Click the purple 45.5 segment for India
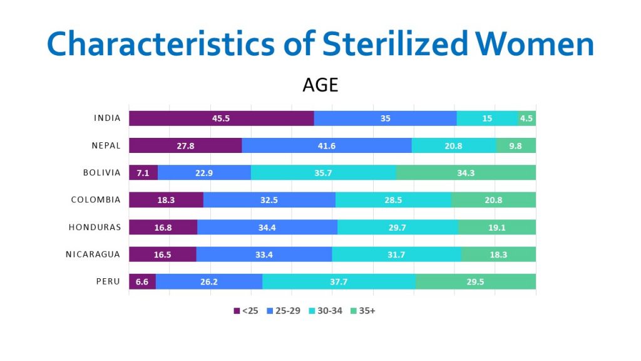click(221, 118)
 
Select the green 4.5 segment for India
click(527, 118)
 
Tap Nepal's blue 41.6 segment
click(326, 145)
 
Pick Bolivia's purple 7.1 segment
click(143, 173)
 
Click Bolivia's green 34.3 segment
click(466, 173)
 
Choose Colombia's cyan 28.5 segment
click(393, 201)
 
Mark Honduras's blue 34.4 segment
click(267, 228)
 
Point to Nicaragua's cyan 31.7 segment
click(396, 254)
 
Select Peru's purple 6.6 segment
click(142, 282)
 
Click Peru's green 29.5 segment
click(475, 282)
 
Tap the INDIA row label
click(107, 118)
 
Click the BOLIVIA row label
click(102, 173)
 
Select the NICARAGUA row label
click(93, 254)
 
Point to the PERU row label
click(108, 282)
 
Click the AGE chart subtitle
click(320, 85)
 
